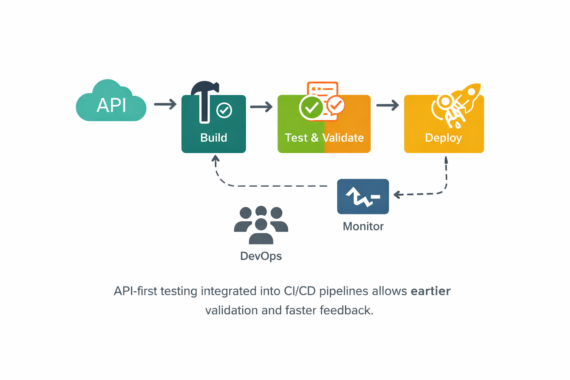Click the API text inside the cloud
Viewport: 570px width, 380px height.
coord(111,105)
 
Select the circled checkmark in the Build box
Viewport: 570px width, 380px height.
coord(224,110)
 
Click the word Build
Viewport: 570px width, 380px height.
coord(214,138)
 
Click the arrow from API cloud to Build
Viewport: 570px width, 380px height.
coord(166,104)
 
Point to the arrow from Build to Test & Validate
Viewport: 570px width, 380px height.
coord(261,107)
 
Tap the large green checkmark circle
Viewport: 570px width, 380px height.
coord(311,107)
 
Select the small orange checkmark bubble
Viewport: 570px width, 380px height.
coord(336,105)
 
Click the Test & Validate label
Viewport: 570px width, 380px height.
coord(324,138)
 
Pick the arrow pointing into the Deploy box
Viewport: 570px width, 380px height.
coord(387,105)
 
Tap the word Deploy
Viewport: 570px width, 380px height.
coord(443,138)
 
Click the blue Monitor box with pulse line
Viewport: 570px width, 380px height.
coord(363,196)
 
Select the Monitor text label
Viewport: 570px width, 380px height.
coord(363,226)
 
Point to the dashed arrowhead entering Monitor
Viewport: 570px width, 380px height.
coord(397,194)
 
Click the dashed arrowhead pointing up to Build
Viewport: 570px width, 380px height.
coord(215,159)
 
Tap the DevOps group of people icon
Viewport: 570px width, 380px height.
coord(261,225)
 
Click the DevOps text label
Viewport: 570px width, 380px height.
coord(261,256)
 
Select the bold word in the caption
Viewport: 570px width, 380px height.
coord(430,291)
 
